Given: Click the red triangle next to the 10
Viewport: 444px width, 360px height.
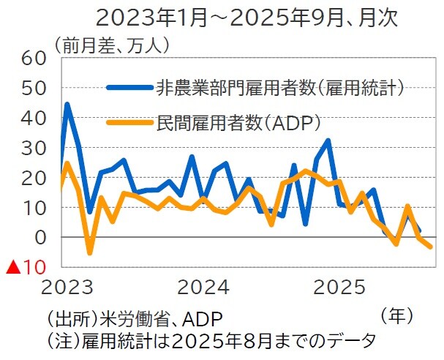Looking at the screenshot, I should (12, 268).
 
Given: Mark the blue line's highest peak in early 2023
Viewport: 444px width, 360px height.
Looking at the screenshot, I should (67, 105).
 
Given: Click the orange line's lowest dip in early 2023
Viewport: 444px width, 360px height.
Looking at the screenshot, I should (90, 253).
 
